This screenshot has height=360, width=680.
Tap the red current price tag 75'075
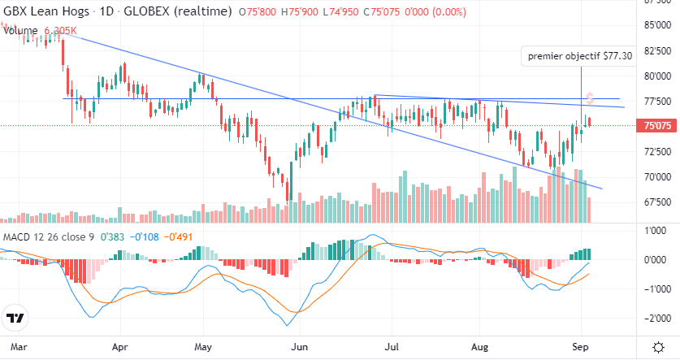[x=655, y=126]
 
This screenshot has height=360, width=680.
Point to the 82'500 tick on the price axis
[x=655, y=50]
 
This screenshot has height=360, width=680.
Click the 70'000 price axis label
[x=655, y=176]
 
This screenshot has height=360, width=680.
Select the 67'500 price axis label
[x=655, y=202]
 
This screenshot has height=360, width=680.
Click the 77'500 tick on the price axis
[x=655, y=102]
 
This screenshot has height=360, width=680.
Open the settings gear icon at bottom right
[x=657, y=346]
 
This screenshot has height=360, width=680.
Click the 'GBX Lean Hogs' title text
[x=41, y=12]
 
